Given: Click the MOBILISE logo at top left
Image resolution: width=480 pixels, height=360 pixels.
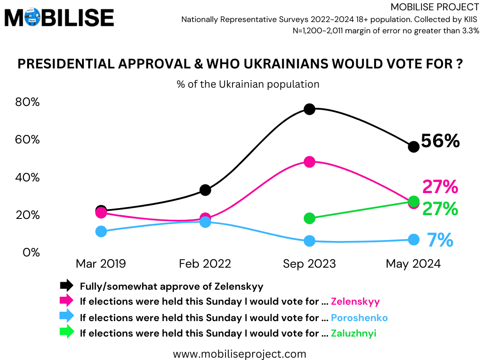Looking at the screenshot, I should (x=59, y=18).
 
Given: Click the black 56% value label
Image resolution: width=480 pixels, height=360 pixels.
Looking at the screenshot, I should (x=440, y=141).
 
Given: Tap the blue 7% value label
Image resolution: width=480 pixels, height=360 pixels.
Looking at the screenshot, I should (x=440, y=240).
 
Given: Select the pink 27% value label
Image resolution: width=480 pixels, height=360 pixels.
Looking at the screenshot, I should (x=440, y=187).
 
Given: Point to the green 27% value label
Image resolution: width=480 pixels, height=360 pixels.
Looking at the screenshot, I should (x=440, y=209).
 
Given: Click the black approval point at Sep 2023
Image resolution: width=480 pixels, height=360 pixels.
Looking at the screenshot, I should (x=309, y=109).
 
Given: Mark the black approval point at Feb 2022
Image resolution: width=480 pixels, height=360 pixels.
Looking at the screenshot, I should (x=205, y=190).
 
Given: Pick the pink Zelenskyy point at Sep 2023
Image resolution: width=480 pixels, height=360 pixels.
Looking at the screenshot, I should (x=309, y=162).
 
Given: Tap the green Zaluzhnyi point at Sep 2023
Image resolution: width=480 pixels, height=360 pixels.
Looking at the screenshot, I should (x=309, y=218).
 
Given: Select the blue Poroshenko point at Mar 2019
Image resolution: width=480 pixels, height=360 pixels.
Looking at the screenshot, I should (x=101, y=231).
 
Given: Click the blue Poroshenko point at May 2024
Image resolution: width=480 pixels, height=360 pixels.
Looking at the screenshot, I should (x=413, y=239).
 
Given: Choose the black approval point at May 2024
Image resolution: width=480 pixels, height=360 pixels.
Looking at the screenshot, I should (x=413, y=147).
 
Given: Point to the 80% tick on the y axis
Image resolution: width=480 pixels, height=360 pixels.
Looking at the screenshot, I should (x=28, y=102).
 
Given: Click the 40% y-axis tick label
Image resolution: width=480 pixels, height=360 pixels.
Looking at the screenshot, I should (x=28, y=178).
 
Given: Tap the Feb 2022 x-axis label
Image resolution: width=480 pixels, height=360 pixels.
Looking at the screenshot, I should (x=205, y=264).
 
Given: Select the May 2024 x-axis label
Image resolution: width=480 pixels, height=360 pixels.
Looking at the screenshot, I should (x=413, y=264).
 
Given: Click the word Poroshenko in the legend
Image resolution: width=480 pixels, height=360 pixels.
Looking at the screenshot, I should (x=359, y=317).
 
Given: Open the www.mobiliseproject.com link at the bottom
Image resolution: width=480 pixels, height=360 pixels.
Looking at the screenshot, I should (x=240, y=353).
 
